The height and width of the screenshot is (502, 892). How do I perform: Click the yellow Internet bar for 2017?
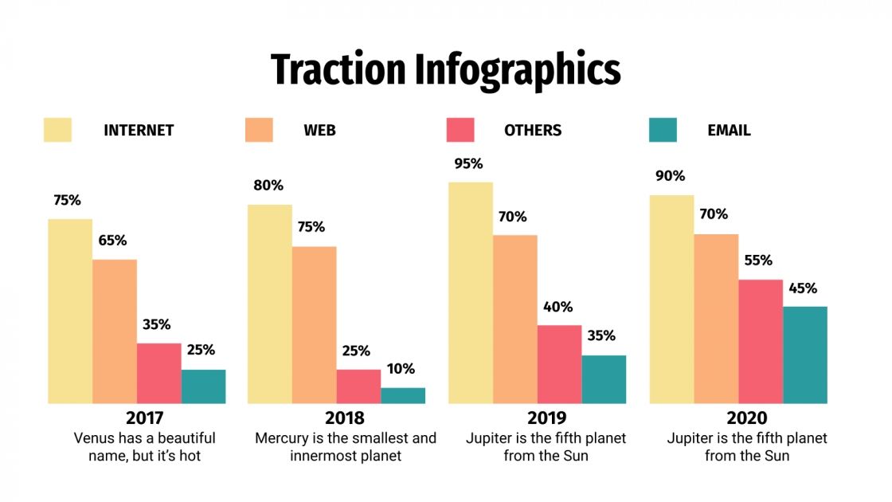click(70, 311)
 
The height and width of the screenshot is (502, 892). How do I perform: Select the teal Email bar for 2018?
click(403, 395)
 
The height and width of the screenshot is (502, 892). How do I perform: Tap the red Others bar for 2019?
click(559, 364)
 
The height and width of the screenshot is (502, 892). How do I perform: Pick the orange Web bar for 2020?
click(716, 319)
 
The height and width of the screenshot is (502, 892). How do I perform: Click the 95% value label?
click(468, 164)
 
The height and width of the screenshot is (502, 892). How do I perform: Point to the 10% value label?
click(401, 369)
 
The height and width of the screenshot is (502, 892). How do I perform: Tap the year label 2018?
click(345, 418)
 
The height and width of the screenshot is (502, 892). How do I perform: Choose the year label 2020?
click(746, 418)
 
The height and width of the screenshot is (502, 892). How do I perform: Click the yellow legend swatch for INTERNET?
click(57, 130)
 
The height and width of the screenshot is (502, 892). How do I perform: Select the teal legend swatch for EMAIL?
click(663, 130)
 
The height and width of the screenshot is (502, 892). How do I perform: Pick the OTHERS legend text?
click(533, 131)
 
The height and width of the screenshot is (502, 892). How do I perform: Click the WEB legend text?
click(319, 131)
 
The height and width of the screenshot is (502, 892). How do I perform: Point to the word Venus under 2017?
click(94, 438)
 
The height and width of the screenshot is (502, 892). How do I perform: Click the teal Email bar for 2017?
click(203, 386)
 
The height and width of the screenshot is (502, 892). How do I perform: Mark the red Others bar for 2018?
click(358, 386)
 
